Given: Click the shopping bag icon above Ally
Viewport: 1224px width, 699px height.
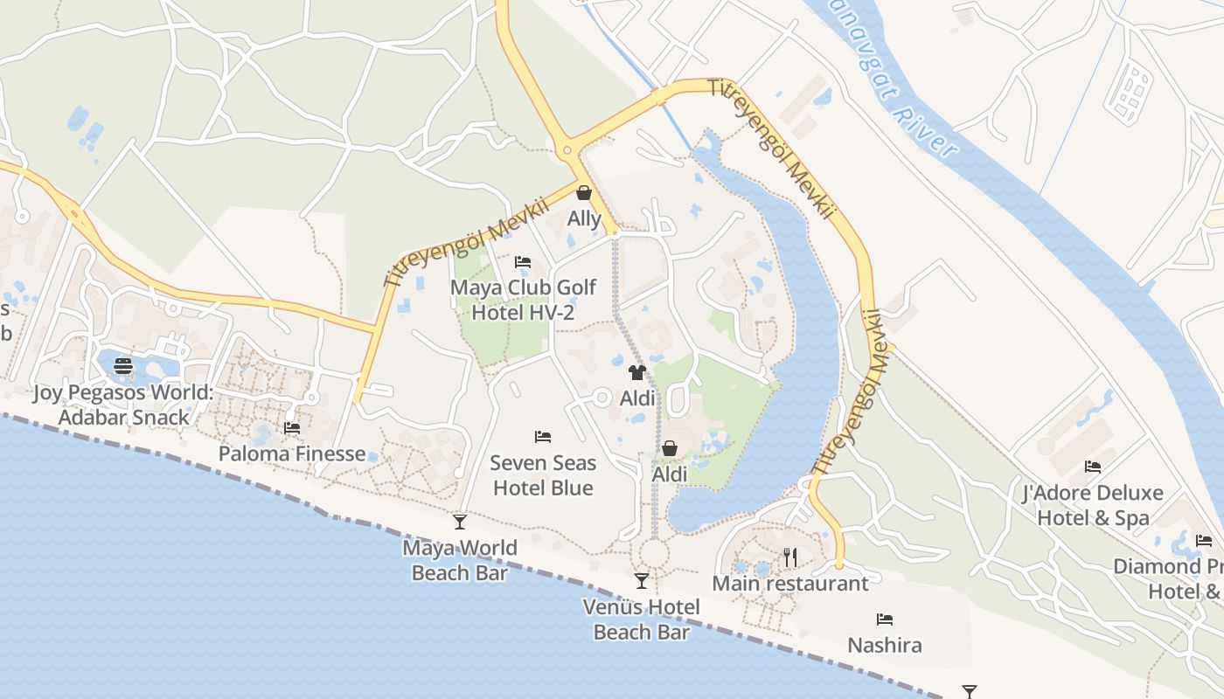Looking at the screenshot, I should (x=583, y=192).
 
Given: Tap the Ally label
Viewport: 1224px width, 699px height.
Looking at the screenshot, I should (x=584, y=218).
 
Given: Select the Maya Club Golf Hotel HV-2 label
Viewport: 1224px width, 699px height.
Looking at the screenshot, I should (x=523, y=300).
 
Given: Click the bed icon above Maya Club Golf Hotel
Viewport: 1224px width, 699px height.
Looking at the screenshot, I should (x=523, y=262).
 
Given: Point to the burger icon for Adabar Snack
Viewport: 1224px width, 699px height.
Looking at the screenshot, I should (x=123, y=365).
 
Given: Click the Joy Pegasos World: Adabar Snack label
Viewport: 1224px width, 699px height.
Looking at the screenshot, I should (x=123, y=405).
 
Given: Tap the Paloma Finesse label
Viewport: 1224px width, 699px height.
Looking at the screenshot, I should (x=292, y=453).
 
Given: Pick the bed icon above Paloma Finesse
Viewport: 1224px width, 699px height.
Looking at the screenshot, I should (x=292, y=428).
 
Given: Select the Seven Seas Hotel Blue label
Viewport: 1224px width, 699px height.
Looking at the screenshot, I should (x=543, y=475).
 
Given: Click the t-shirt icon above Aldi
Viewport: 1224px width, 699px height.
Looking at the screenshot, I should (x=636, y=373).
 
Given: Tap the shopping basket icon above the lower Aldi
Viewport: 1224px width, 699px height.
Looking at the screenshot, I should (x=669, y=448).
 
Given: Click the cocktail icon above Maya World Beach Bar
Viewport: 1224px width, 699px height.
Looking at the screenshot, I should (x=459, y=523).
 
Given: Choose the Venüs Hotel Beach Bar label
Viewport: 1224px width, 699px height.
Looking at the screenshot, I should (x=642, y=619).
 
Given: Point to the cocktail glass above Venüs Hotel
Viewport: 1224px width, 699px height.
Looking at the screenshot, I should (x=642, y=581).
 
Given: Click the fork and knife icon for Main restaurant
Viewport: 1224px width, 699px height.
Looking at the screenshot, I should (x=790, y=557).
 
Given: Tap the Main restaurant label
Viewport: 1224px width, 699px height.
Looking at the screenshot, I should (x=790, y=583).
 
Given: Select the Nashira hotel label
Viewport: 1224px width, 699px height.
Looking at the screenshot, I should (x=885, y=646).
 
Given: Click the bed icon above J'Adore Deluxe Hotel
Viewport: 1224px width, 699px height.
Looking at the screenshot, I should (x=1093, y=467).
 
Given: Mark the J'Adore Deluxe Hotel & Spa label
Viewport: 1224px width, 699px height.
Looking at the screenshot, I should (x=1093, y=505).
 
